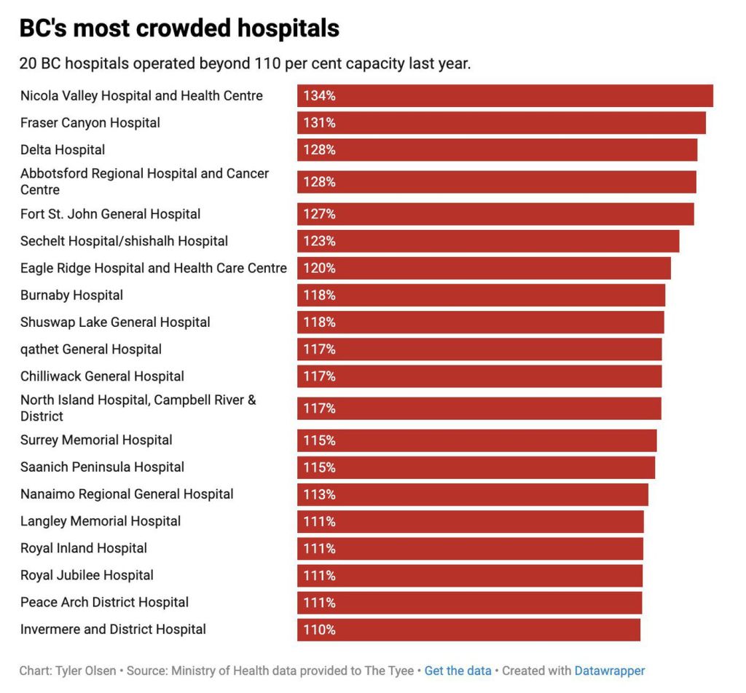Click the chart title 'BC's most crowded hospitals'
(x=179, y=28)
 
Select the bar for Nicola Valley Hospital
(x=504, y=96)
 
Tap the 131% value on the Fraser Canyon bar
(x=319, y=123)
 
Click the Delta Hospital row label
(x=63, y=150)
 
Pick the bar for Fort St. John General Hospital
(x=495, y=214)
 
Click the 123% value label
(x=319, y=242)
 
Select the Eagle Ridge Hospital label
(x=154, y=269)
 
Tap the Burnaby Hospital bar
(x=481, y=296)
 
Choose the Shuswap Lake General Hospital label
(x=115, y=322)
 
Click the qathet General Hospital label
(x=91, y=349)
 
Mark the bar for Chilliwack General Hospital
(x=479, y=376)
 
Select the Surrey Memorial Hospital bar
(x=476, y=440)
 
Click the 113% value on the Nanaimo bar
(x=319, y=495)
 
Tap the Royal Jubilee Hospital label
(x=87, y=576)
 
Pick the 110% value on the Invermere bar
(x=319, y=630)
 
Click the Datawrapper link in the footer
(x=610, y=671)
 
